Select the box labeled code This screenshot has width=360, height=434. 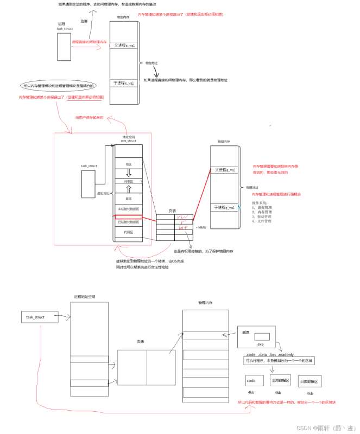(x=251, y=381)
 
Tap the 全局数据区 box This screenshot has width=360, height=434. (x=278, y=381)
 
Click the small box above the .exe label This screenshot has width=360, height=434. (x=262, y=337)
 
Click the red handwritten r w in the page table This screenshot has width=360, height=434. (x=184, y=218)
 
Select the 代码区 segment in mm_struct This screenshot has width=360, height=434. (x=129, y=232)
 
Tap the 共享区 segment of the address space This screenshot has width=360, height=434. (x=129, y=182)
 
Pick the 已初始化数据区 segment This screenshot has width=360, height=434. (x=129, y=221)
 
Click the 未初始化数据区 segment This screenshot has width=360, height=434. (x=129, y=209)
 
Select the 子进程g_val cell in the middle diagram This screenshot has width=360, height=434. (x=224, y=207)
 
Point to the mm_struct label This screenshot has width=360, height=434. (x=128, y=142)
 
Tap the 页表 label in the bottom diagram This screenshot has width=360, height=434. (x=141, y=341)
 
